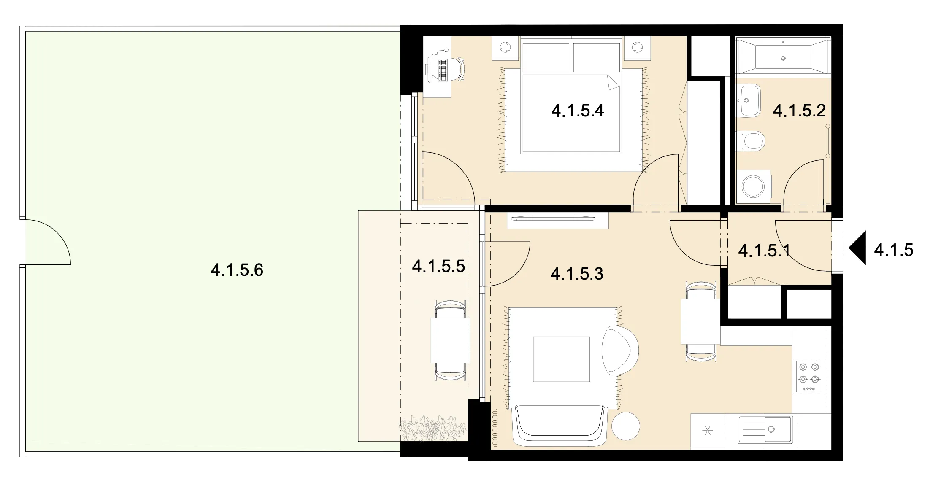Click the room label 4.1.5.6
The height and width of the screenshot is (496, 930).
237,270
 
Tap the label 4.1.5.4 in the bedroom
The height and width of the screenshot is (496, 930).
577,111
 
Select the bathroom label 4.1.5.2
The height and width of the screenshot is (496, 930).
799,111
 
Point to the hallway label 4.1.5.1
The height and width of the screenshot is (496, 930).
764,251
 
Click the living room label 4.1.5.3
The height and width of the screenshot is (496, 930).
577,274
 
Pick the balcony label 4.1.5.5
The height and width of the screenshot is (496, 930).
438,266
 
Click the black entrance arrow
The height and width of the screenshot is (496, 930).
857,248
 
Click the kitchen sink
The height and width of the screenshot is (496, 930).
765,429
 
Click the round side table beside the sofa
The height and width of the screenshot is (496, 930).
626,426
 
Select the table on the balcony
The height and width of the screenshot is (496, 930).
450,340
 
